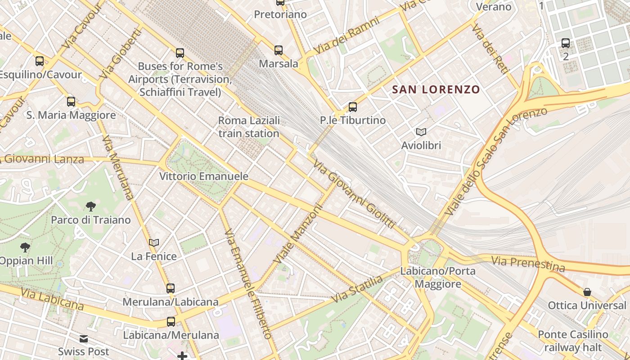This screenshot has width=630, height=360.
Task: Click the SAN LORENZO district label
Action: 436,89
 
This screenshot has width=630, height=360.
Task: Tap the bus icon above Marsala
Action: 279,50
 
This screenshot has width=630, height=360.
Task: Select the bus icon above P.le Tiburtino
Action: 353,107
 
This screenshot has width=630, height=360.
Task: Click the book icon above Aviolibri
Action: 421,132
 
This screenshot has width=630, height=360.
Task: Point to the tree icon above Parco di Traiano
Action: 91,207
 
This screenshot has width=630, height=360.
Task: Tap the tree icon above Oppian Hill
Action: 25,247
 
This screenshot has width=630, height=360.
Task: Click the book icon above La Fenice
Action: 154,243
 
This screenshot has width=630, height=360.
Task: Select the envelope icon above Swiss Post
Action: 84,338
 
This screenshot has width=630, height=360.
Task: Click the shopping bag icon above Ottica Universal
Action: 587,292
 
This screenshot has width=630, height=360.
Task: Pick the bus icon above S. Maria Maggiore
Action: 71,102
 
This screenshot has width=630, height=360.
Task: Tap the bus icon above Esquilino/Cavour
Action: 40,61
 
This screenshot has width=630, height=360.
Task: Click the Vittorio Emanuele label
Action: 204,176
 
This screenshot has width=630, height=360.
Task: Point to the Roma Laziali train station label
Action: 249,127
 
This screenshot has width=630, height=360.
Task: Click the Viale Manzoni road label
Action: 298,235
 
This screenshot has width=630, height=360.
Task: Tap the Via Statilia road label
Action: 358,288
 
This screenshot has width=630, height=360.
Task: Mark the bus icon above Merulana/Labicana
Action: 171,288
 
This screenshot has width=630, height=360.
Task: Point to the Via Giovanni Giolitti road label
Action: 354,194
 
